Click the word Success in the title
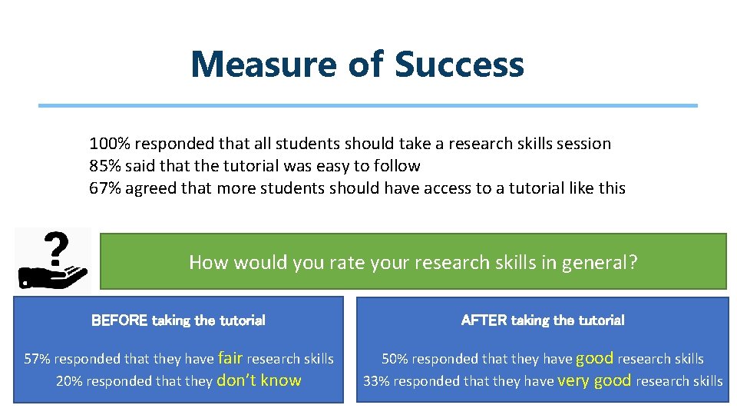click(459, 65)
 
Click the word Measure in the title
click(263, 65)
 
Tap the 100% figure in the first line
click(107, 144)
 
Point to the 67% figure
click(105, 188)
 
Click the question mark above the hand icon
click(53, 247)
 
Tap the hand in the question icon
click(52, 276)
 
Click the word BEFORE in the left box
click(120, 320)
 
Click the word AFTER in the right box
click(484, 320)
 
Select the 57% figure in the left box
click(38, 359)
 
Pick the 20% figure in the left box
click(69, 381)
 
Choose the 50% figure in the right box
click(395, 359)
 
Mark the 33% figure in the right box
click(375, 381)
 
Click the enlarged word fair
click(230, 357)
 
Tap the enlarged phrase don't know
click(259, 380)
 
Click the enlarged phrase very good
click(594, 380)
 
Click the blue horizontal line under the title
click(368, 105)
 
